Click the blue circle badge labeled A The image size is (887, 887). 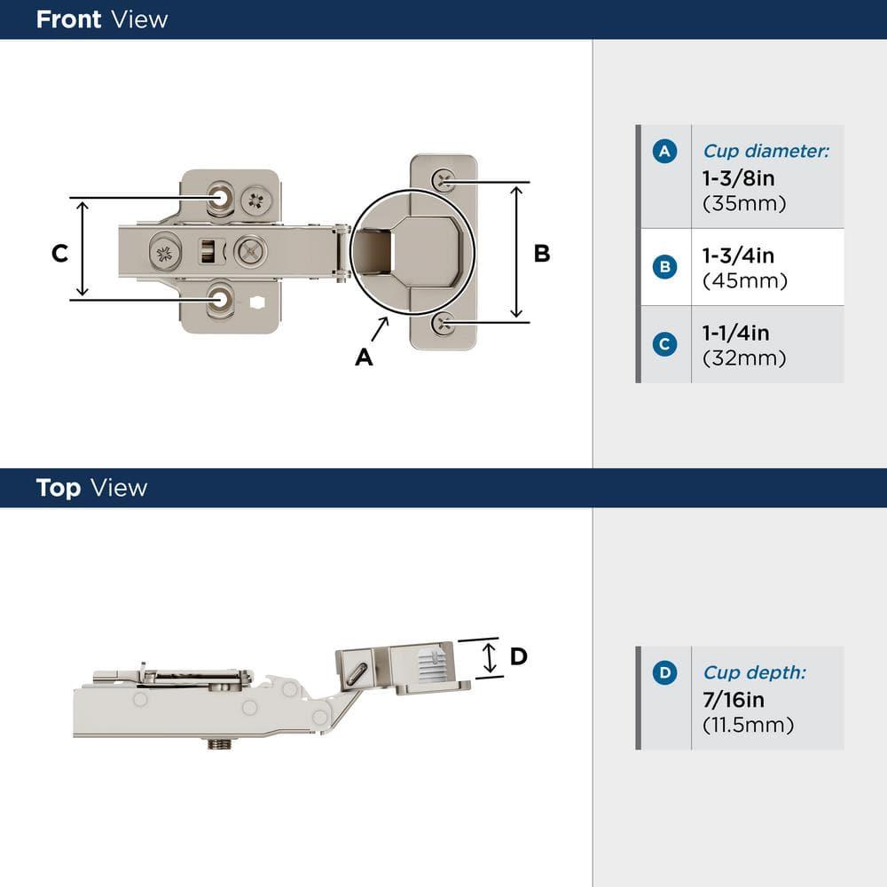click(664, 152)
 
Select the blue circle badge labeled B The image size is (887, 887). click(664, 267)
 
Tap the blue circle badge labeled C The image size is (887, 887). click(664, 344)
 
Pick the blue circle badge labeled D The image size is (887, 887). click(664, 673)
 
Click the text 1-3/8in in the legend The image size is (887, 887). click(738, 178)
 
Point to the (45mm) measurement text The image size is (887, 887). click(744, 281)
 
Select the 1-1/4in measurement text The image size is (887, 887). click(735, 334)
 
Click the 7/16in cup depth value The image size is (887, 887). click(734, 701)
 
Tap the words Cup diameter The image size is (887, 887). click(765, 152)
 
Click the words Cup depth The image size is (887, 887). click(754, 673)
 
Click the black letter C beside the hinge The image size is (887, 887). click(59, 253)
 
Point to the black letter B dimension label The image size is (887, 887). click(541, 254)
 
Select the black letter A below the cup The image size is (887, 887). click(364, 357)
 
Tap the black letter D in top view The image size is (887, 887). click(519, 656)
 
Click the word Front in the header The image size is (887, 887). click(67, 20)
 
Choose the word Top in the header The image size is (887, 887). click(59, 488)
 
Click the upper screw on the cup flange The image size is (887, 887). click(443, 181)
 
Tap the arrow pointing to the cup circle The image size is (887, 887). click(380, 328)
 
